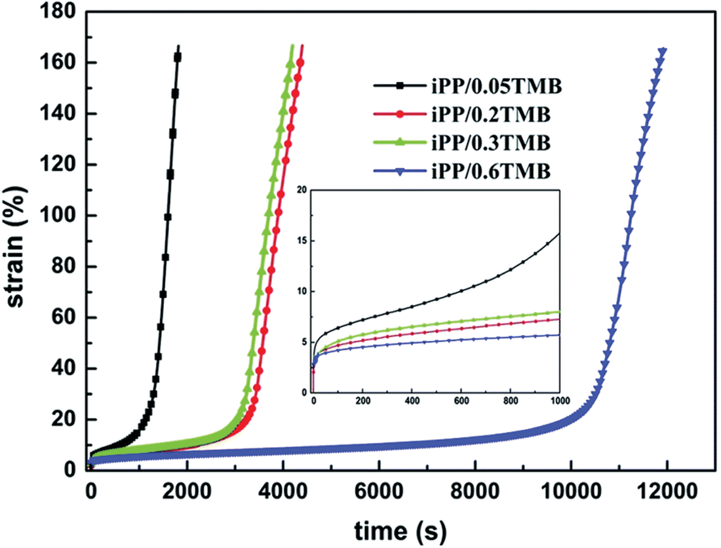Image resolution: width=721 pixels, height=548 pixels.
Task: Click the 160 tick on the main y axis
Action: (63, 63)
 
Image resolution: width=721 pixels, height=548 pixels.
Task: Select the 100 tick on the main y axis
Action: (63, 216)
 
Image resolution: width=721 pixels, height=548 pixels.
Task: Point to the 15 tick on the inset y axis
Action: (303, 241)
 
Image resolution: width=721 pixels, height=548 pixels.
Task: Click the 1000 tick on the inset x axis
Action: (559, 400)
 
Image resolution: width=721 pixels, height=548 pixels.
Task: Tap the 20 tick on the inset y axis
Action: (303, 190)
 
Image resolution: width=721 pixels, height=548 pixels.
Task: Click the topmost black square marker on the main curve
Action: (178, 57)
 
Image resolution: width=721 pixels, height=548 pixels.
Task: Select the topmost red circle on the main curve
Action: (300, 63)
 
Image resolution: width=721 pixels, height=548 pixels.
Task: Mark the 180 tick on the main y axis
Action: (63, 12)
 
